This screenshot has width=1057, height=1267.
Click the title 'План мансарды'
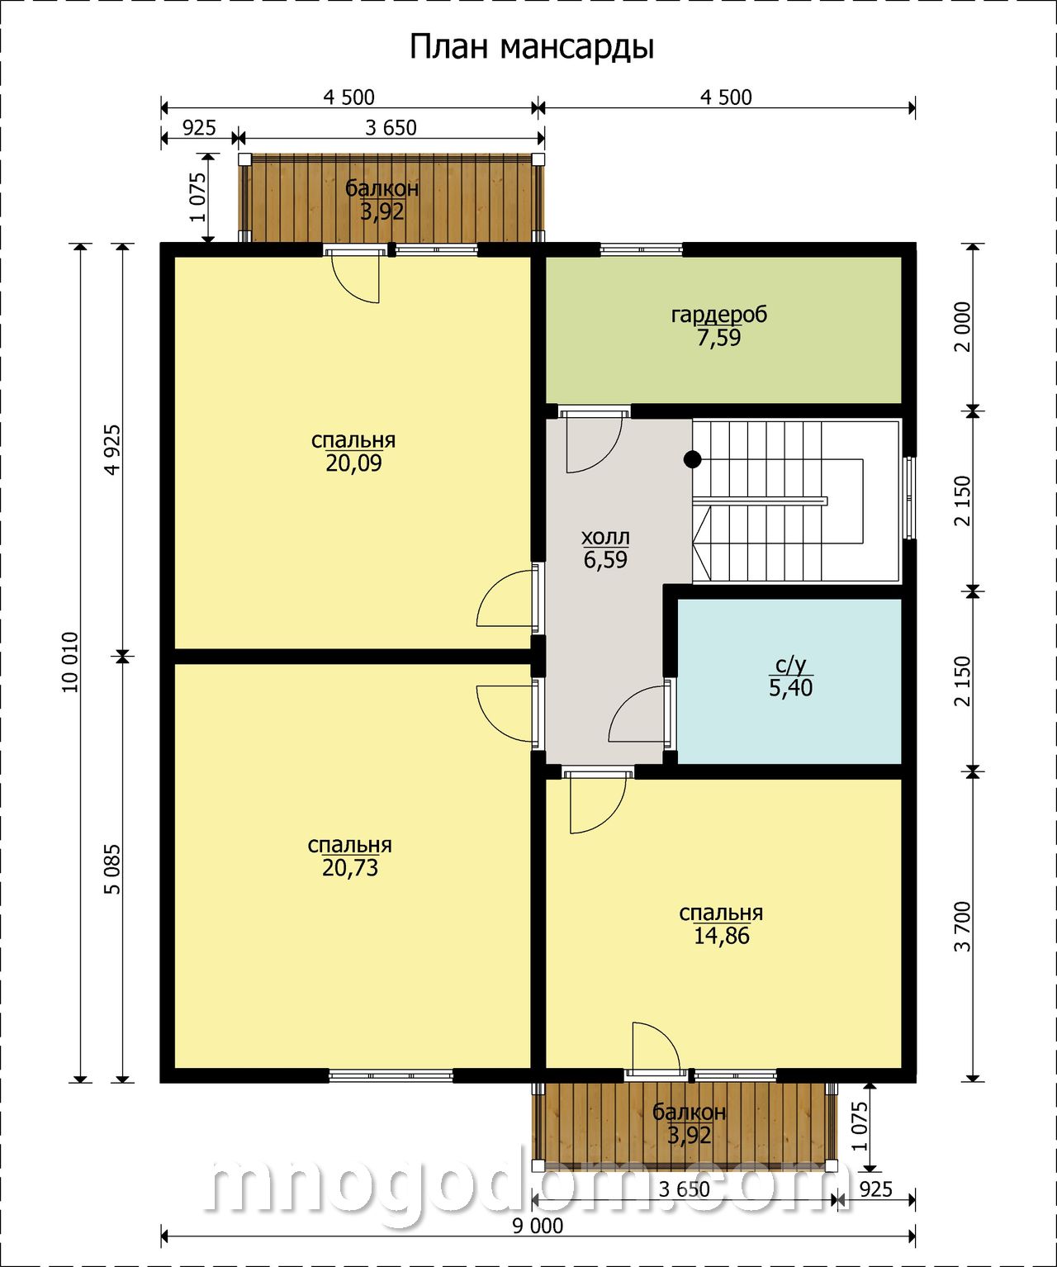(532, 47)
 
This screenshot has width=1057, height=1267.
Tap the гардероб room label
(719, 315)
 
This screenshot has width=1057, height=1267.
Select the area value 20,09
(353, 463)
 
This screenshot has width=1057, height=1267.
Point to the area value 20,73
(350, 868)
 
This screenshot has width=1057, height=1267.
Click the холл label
(605, 537)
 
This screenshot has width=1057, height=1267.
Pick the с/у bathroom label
(791, 666)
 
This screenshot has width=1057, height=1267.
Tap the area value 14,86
(722, 937)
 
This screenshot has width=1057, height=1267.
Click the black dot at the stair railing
(692, 459)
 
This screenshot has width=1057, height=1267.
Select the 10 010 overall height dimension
(70, 662)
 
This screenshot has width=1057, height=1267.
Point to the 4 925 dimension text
(113, 449)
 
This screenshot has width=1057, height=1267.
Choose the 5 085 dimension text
(113, 869)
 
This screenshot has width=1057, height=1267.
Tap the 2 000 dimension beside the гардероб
(963, 327)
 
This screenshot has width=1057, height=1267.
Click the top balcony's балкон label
(382, 188)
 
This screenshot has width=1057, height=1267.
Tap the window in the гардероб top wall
(642, 249)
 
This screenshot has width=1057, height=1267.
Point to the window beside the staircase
(909, 497)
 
